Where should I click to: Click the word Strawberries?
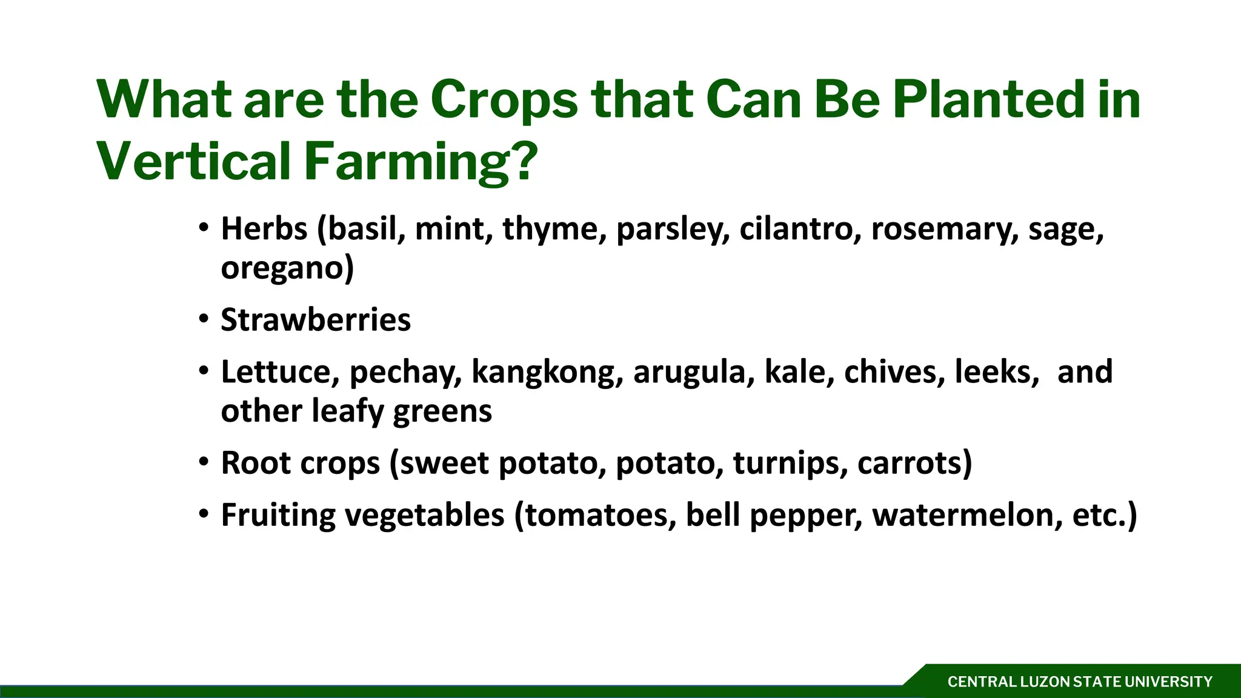click(x=316, y=320)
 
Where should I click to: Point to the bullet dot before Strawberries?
click(x=204, y=319)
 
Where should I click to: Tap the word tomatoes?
click(x=600, y=515)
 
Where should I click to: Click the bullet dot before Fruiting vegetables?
click(x=204, y=514)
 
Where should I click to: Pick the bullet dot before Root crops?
click(x=204, y=462)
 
